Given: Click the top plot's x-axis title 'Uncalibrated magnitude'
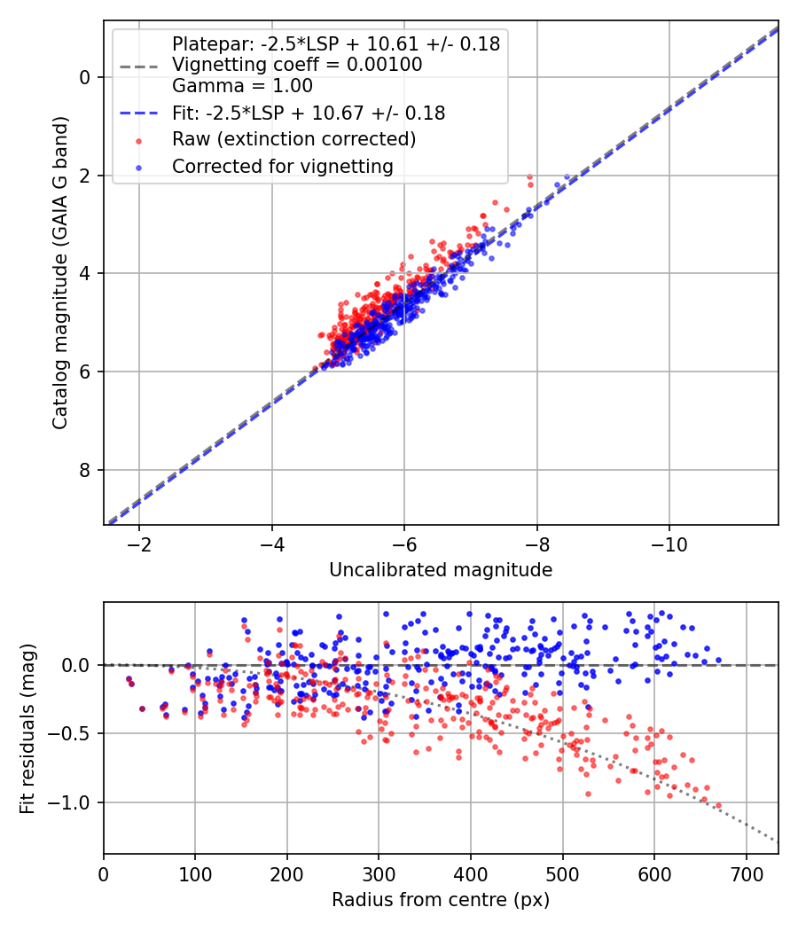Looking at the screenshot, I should pos(441,570).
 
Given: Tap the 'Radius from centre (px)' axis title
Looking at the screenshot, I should pos(441,900).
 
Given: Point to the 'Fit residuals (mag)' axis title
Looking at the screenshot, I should pos(28,729).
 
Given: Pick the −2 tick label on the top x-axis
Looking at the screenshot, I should pos(138,544).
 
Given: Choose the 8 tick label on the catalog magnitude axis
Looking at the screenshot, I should pos(86,470).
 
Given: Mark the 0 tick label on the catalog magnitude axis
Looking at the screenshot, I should pos(86,78).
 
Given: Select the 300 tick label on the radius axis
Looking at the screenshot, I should pos(379,873).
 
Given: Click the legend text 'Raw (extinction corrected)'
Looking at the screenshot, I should pos(293,139).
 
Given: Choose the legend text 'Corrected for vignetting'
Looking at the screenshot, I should pos(282,166).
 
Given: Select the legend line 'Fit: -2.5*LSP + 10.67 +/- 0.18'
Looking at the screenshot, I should pos(308,113).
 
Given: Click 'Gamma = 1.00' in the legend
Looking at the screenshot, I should pos(242,86).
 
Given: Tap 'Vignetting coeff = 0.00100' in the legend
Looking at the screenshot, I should pos(297,65).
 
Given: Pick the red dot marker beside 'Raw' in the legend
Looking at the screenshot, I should pos(137,140).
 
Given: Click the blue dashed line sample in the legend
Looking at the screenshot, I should pos(137,113).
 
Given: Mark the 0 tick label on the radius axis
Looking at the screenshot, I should pos(104,873).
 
